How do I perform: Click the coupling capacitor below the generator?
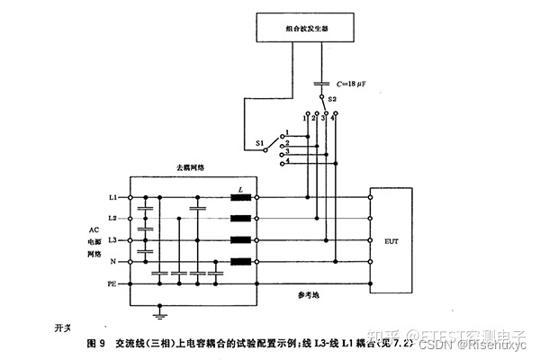pyautogui.click(x=320, y=84)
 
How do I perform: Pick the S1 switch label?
pyautogui.click(x=260, y=142)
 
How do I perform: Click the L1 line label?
pyautogui.click(x=112, y=196)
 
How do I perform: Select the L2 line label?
pyautogui.click(x=112, y=219)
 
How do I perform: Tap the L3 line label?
pyautogui.click(x=112, y=240)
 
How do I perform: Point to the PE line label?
pyautogui.click(x=112, y=283)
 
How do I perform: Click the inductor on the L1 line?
pyautogui.click(x=240, y=196)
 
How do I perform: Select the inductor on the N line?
pyautogui.click(x=240, y=262)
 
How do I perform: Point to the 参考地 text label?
pyautogui.click(x=309, y=293)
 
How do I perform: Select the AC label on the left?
pyautogui.click(x=94, y=229)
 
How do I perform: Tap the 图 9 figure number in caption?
pyautogui.click(x=96, y=343)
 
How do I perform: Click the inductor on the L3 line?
pyautogui.click(x=240, y=240)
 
